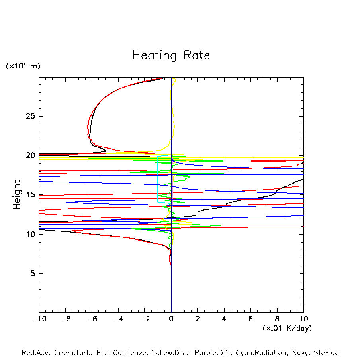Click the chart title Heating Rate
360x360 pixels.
pos(171,55)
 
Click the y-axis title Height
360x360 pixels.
pos(17,195)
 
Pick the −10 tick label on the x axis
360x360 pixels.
pos(38,319)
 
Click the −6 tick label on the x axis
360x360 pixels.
pos(91,319)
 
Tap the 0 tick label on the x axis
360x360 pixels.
pos(171,319)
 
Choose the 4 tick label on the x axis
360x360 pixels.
pos(224,319)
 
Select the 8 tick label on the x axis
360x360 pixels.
pos(277,319)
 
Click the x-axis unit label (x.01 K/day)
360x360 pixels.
pos(287,328)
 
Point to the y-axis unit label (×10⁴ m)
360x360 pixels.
pos(23,66)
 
